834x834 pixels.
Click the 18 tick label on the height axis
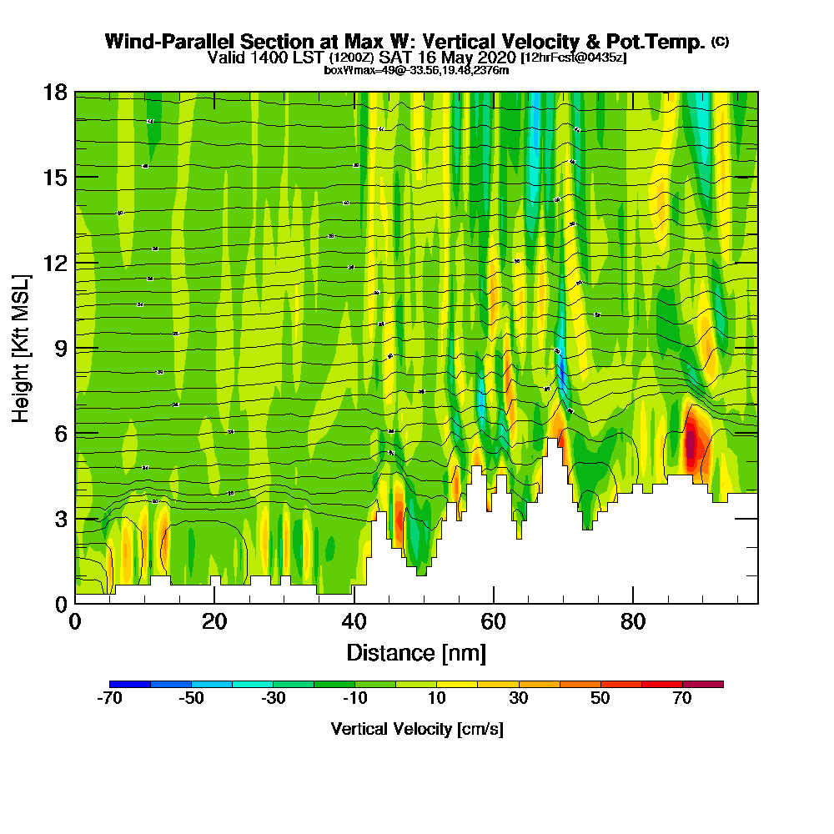pos(55,92)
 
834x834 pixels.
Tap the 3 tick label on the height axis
pos(60,519)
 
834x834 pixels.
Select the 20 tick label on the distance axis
pos(214,621)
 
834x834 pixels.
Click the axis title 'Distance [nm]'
pos(416,652)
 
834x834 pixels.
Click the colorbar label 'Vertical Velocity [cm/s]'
pos(416,729)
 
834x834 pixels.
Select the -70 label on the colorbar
pos(110,699)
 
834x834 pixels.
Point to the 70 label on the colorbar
pos(682,699)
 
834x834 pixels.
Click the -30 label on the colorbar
pos(274,699)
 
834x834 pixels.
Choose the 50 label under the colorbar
pos(600,699)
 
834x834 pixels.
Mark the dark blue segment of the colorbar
pos(130,684)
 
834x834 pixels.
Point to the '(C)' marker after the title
pos(720,42)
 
